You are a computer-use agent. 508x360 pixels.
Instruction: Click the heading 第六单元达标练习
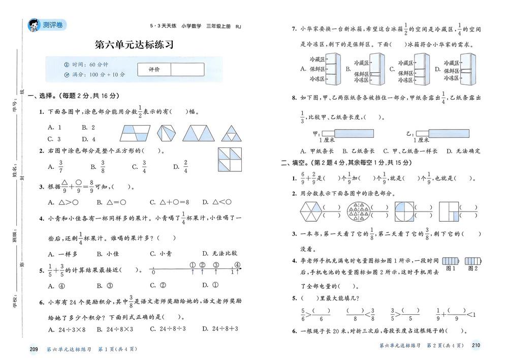tap(134, 45)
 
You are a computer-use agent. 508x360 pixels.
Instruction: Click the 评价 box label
tap(154, 69)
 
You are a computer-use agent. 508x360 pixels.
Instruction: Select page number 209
tap(35, 349)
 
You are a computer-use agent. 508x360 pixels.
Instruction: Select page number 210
tap(476, 346)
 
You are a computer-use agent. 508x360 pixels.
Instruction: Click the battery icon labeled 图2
tap(472, 261)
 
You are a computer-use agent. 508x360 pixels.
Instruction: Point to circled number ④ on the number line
tap(237, 264)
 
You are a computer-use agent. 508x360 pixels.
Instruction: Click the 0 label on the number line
tap(153, 273)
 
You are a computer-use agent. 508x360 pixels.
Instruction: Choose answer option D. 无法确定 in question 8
tap(463, 151)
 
